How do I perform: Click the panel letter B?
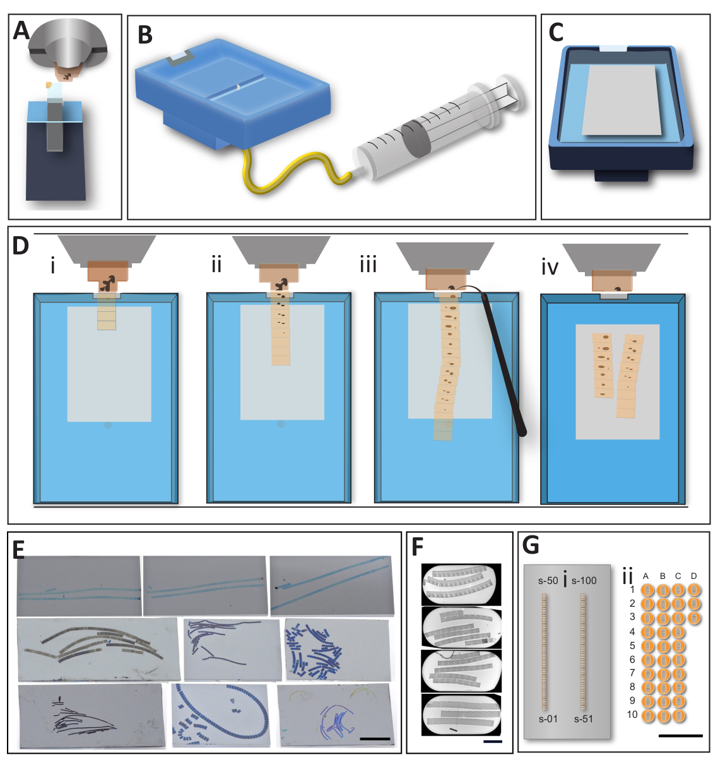click(145, 35)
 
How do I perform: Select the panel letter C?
click(556, 33)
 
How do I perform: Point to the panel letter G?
click(531, 545)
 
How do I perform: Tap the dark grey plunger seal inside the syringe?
click(416, 139)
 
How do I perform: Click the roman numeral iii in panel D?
click(368, 265)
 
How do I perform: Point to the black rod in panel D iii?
click(503, 364)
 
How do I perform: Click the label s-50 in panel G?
click(548, 580)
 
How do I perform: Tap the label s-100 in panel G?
click(584, 580)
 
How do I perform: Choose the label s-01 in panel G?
click(548, 719)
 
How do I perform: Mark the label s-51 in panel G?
click(584, 719)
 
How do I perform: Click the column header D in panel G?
click(693, 576)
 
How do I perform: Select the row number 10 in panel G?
click(632, 715)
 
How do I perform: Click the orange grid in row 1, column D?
click(694, 590)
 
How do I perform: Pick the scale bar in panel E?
click(375, 739)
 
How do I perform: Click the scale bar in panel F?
click(493, 741)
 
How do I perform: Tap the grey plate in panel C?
click(621, 100)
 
